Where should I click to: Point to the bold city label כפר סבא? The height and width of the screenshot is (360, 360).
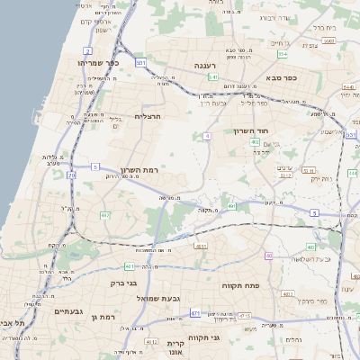coord(281,78)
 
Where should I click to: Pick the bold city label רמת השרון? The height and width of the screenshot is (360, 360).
coord(139,170)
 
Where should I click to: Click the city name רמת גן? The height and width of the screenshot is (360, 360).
coord(106,317)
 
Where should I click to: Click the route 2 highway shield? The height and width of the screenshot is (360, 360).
coord(87,50)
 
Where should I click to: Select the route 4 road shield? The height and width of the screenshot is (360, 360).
coord(207,136)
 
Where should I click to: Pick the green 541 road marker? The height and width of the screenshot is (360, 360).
coord(214,77)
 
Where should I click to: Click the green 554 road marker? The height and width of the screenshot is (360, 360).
coord(283,55)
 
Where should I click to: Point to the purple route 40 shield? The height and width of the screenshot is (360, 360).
coord(268,256)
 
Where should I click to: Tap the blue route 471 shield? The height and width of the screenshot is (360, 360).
coord(195,313)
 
